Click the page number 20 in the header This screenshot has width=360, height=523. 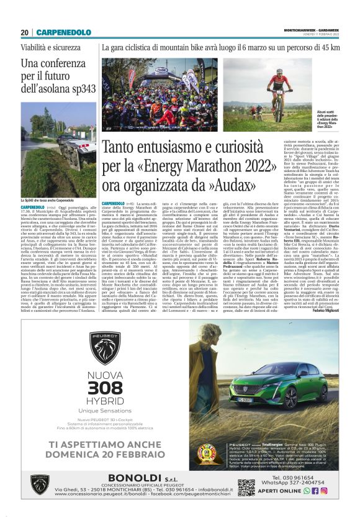[x=25, y=32]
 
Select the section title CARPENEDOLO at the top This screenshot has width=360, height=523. [x=63, y=32]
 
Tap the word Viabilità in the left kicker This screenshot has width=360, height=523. [x=34, y=47]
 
